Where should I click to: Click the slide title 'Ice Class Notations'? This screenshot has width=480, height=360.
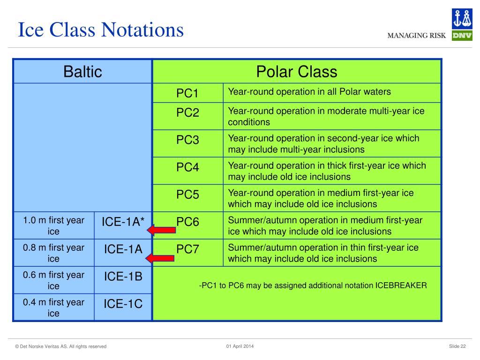[x=101, y=30]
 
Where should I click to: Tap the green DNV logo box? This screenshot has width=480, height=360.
[x=462, y=36]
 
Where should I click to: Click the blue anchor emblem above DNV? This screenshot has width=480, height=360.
[x=462, y=19]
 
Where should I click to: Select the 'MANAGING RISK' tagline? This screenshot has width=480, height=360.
[x=416, y=36]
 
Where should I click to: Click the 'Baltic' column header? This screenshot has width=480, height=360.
[x=82, y=72]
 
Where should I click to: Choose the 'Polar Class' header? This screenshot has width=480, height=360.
[x=297, y=72]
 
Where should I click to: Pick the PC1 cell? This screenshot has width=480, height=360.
[x=187, y=93]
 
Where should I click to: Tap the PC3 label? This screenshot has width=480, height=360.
[x=187, y=140]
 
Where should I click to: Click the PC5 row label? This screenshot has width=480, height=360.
[x=187, y=195]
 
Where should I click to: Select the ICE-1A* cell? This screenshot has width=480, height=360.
[x=123, y=225]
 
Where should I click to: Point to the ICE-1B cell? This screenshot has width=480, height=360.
[x=123, y=280]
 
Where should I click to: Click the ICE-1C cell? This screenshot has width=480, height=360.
[x=123, y=307]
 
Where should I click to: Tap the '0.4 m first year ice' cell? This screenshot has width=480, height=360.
[x=53, y=307]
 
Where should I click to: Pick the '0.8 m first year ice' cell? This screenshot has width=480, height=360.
[x=53, y=253]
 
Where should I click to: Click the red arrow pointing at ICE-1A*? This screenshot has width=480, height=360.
[x=161, y=230]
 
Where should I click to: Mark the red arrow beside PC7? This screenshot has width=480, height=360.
[x=160, y=258]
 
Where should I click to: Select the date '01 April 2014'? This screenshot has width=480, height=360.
[x=240, y=346]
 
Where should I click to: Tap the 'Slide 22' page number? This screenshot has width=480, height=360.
[x=457, y=346]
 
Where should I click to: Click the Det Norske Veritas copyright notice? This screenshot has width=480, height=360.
[x=60, y=346]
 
